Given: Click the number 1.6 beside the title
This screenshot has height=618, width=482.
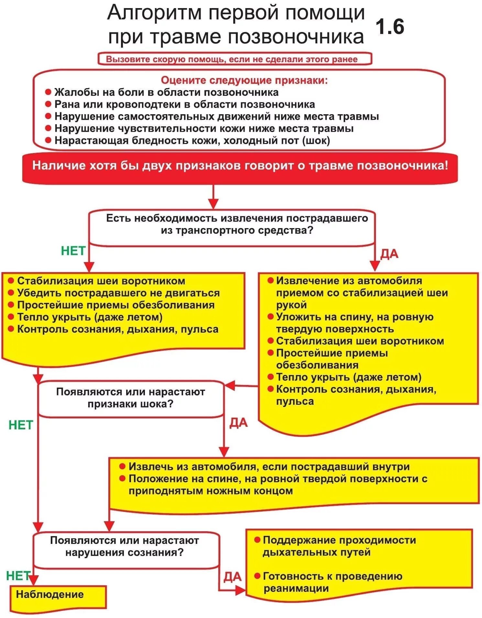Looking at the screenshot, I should click(390, 27).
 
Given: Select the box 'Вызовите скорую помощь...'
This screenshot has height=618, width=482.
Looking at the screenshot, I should click(235, 59).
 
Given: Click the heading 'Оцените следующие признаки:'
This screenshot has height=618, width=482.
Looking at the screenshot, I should click(244, 80).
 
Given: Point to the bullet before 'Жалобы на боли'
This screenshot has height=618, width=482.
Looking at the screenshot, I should click(48, 92).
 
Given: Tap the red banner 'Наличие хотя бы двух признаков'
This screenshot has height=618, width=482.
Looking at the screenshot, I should click(240, 166).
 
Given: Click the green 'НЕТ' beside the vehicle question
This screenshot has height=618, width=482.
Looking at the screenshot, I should click(73, 251).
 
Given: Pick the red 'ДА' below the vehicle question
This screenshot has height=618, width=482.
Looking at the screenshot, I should click(389, 254).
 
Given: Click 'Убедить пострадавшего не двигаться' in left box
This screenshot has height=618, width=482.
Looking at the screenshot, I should click(118, 293).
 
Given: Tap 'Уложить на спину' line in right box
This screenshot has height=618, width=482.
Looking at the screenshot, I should click(355, 317).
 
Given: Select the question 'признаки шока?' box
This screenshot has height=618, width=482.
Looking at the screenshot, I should click(131, 399).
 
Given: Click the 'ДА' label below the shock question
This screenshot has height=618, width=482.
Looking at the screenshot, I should click(238, 423).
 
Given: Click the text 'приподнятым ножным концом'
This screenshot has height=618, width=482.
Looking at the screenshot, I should click(211, 491).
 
